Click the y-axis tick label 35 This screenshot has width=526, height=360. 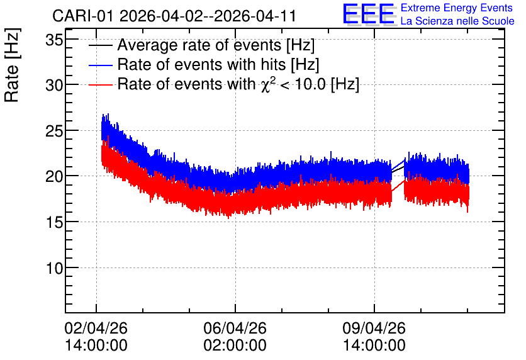point(54,40)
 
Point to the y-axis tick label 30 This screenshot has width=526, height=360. point(54,86)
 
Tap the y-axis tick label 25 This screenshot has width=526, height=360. point(54,131)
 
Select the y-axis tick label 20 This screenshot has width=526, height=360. point(54,176)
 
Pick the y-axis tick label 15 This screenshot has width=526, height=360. point(54,222)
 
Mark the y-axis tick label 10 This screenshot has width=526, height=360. point(54,268)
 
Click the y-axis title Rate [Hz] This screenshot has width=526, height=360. point(12,65)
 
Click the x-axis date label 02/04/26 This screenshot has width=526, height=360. point(96,328)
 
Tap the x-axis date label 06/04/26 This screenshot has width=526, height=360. point(235,328)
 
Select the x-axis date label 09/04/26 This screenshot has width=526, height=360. point(374,328)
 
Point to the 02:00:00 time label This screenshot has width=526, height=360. point(235,346)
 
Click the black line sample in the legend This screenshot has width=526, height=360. point(100,45)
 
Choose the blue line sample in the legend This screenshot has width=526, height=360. point(100,65)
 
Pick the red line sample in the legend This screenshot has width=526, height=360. point(100,84)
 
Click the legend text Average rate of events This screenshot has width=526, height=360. point(199,45)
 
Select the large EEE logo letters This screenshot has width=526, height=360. point(369,14)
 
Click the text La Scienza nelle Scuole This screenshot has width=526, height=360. point(457,21)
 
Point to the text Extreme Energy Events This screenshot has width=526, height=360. point(457,8)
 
